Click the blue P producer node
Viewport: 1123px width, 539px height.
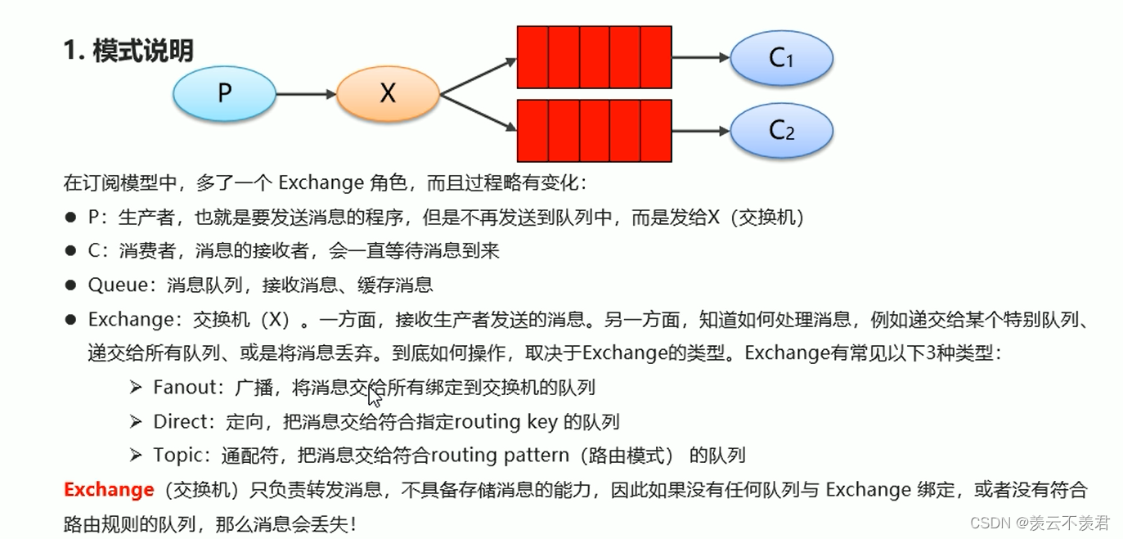pos(225,94)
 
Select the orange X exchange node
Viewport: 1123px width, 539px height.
pos(388,94)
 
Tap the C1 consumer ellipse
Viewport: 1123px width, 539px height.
pos(781,58)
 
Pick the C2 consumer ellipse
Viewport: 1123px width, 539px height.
pos(781,131)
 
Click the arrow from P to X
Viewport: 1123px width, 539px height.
pos(306,95)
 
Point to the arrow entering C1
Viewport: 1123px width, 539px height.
pos(700,58)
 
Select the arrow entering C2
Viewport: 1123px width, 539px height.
pos(700,131)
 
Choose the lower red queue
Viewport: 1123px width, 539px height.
pos(595,131)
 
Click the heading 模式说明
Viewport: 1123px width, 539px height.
pos(142,51)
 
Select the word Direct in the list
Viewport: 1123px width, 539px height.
pos(179,422)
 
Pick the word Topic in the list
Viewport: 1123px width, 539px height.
pos(174,455)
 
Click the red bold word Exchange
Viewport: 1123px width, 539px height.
pos(109,490)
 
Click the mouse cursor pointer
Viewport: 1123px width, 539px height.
pos(374,397)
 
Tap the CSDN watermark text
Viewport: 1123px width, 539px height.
pos(1039,522)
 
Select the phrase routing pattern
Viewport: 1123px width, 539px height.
pos(499,455)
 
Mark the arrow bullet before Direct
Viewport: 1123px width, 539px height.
pos(136,422)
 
